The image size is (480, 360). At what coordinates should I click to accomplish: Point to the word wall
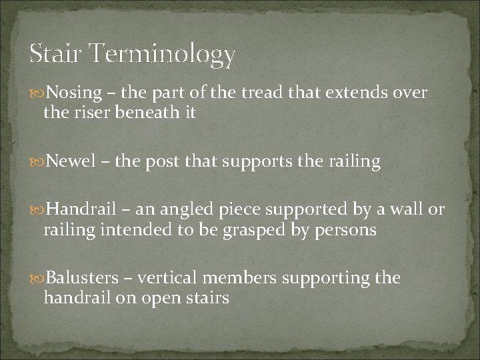(x=409, y=211)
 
